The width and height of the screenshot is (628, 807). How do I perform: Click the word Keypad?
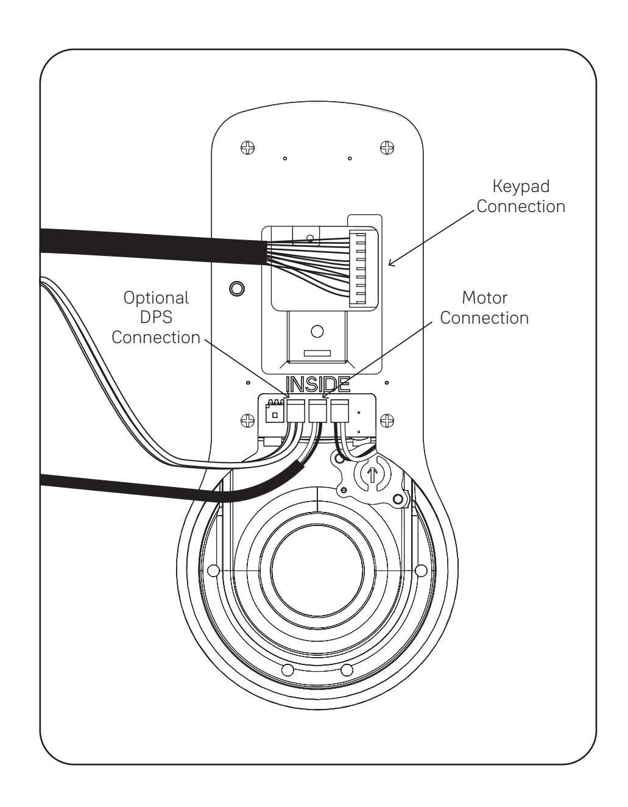521,187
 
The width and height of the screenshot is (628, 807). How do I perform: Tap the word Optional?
156,298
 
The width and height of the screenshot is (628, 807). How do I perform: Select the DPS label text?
157,317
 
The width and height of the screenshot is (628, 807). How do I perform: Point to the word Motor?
484,298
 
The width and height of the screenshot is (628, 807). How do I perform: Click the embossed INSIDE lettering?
318,385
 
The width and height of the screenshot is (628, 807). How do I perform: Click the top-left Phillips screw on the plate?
247,148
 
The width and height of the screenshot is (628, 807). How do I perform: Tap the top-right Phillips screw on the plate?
387,148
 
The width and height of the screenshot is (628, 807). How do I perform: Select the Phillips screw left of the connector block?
247,421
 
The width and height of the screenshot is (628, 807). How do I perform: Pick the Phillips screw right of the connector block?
387,421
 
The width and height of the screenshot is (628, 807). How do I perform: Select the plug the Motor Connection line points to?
318,411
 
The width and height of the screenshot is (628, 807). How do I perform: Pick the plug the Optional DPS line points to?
296,411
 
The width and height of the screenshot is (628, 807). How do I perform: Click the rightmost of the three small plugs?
340,411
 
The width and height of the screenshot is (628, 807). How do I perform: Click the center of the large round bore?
317,571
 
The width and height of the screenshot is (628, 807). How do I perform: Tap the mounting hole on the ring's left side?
213,570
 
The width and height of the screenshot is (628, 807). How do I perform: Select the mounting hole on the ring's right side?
421,570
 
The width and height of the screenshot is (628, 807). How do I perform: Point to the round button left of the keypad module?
236,288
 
